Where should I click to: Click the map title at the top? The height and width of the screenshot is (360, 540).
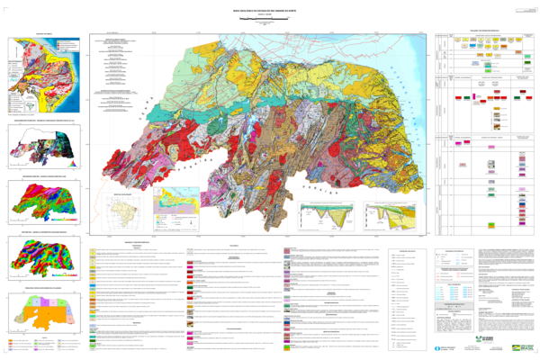[270, 6]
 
